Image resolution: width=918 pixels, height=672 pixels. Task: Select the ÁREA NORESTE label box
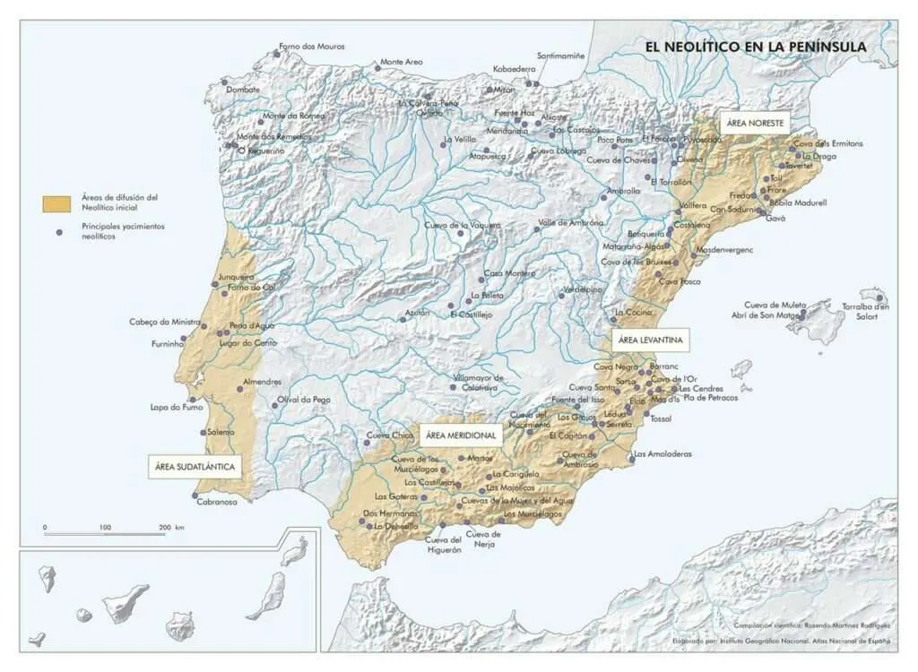point(756,123)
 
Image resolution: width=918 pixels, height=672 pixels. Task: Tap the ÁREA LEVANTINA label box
point(651,340)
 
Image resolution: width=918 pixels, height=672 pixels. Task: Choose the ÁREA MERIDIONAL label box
point(461,435)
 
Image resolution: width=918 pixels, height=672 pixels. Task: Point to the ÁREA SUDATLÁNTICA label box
point(195,467)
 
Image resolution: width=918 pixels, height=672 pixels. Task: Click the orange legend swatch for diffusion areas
point(56,202)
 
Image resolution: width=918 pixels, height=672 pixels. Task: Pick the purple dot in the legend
point(59,232)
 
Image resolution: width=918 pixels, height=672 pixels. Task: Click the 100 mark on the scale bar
point(105,528)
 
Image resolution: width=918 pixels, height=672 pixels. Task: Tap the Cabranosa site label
point(217,502)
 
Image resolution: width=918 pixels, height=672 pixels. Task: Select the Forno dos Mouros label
point(312,47)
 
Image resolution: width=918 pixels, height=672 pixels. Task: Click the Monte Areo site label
point(401,63)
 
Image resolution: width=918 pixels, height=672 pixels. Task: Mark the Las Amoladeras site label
point(663,454)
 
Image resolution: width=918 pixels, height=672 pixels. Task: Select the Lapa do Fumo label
point(178,408)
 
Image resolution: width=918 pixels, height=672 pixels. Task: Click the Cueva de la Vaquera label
point(462,225)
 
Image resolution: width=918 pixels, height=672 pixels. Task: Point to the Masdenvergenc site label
point(724,249)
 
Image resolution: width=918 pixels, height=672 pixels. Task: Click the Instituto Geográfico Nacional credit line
point(780,641)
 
